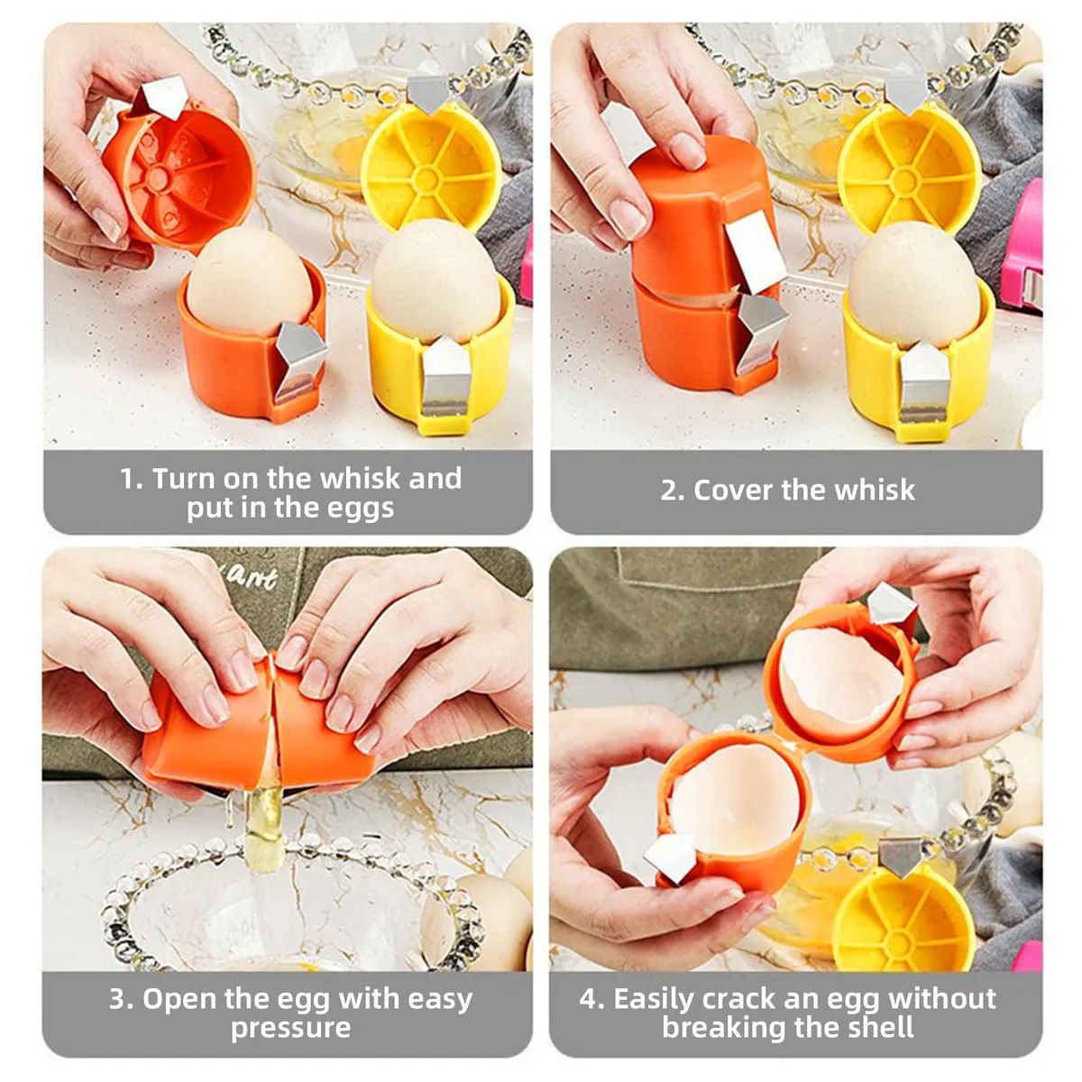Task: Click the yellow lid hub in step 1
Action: pos(426,179)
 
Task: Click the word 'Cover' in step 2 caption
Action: pos(732,490)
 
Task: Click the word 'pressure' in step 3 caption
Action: pos(291,1028)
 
